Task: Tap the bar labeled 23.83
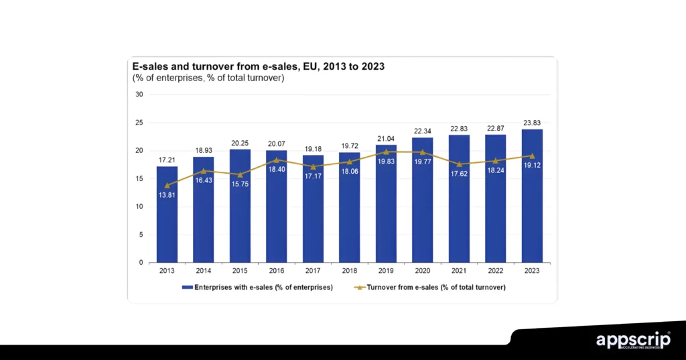(532, 201)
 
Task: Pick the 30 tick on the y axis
(139, 95)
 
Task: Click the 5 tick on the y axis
(141, 235)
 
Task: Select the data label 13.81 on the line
(167, 195)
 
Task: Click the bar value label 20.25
(240, 143)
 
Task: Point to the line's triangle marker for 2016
(276, 160)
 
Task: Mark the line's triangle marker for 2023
(532, 156)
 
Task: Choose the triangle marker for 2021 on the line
(459, 164)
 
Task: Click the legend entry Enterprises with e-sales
(257, 287)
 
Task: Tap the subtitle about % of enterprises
(208, 78)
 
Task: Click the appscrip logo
(632, 341)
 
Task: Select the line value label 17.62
(459, 174)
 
